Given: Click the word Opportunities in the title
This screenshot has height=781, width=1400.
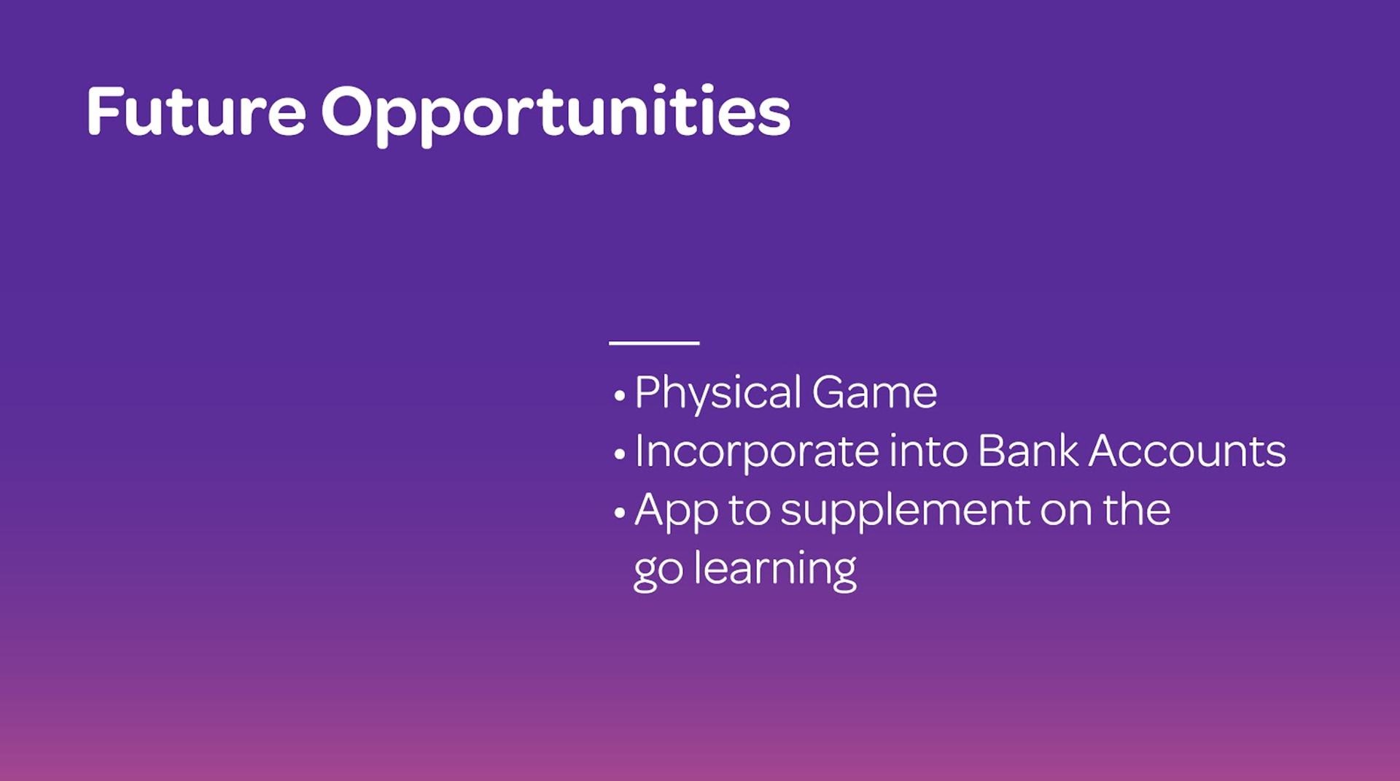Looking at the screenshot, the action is click(556, 115).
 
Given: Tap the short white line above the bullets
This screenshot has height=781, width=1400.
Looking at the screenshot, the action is click(654, 342).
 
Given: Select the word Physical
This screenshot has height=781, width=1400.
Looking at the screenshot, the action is click(718, 394).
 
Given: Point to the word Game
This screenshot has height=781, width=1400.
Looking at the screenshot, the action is click(874, 393).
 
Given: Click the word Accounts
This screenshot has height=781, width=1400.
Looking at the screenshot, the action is click(1188, 451).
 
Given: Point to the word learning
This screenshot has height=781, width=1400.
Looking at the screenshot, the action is click(775, 570).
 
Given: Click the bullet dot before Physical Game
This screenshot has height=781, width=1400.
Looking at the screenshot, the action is click(620, 396).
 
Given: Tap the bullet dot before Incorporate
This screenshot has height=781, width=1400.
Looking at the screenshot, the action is click(620, 455).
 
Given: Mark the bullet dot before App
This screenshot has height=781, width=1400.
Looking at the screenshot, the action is click(620, 513).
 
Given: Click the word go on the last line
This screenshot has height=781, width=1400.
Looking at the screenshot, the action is click(658, 574).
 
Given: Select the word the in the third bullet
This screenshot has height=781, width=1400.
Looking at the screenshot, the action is click(1137, 509).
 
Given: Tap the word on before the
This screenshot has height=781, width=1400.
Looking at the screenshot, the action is click(1066, 513).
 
